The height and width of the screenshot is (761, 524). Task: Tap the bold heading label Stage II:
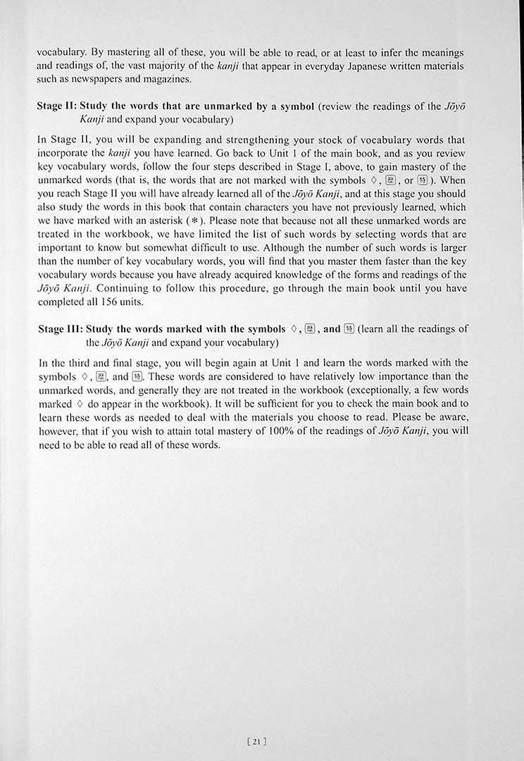click(x=58, y=106)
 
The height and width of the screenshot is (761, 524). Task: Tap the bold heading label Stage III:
click(x=61, y=328)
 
